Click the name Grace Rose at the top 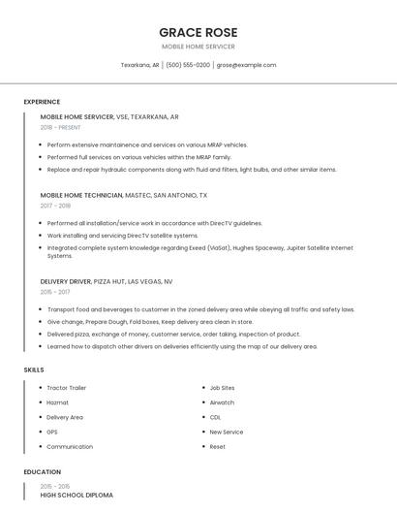[x=198, y=32]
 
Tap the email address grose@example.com [x=246, y=65]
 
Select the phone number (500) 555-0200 [x=188, y=65]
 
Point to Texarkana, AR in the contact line [x=139, y=65]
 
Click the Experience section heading [x=42, y=102]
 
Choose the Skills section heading [x=34, y=369]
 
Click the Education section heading [x=42, y=472]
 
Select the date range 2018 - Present [x=60, y=127]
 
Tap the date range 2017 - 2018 [x=55, y=206]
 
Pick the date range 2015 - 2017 [x=55, y=292]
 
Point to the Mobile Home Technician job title [x=81, y=195]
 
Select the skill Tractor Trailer [x=67, y=388]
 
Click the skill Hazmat [x=57, y=402]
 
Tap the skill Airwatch [x=222, y=402]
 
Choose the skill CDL [x=215, y=417]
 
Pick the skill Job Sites [x=222, y=388]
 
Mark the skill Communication [x=70, y=447]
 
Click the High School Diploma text [x=76, y=495]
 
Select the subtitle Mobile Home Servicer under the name [x=198, y=47]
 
